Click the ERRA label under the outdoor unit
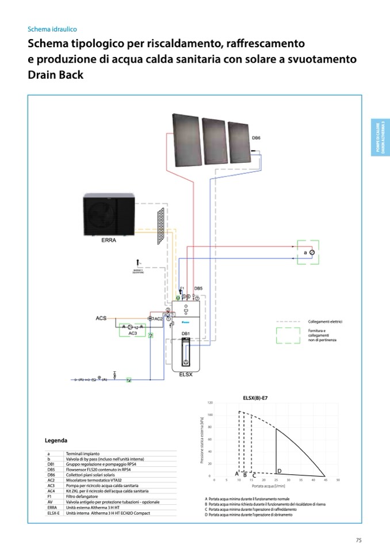tap(109, 241)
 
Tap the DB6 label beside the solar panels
tap(256, 138)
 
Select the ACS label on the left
tap(101, 318)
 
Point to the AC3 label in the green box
tap(132, 333)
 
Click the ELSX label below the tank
tap(186, 374)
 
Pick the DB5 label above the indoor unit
tap(198, 288)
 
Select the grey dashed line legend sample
tap(288, 322)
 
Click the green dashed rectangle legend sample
tap(288, 336)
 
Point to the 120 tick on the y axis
tap(211, 402)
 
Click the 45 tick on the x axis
tap(325, 479)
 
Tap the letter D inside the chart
tap(280, 471)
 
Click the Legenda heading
tap(56, 440)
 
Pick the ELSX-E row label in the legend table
tap(54, 512)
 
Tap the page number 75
tap(358, 540)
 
